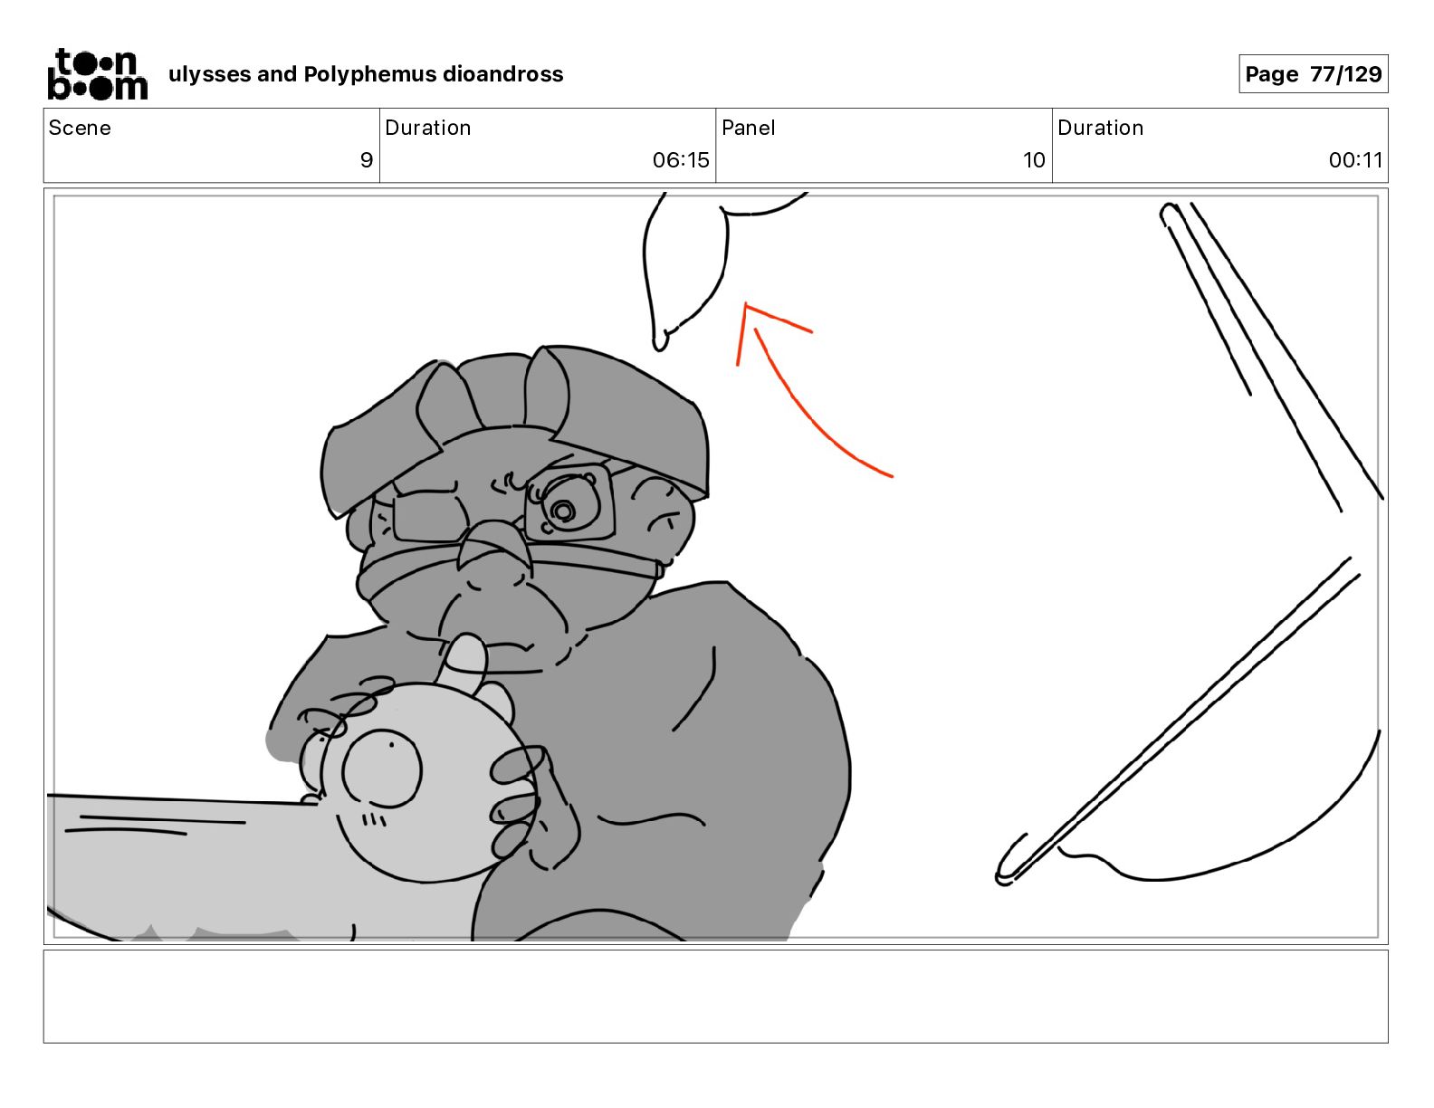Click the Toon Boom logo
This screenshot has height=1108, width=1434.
pyautogui.click(x=98, y=74)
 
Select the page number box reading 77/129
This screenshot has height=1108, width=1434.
pyautogui.click(x=1314, y=74)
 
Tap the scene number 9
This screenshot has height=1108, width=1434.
pyautogui.click(x=367, y=159)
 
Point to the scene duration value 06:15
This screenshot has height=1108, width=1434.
pyautogui.click(x=681, y=159)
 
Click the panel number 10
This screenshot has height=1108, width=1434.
pyautogui.click(x=1034, y=159)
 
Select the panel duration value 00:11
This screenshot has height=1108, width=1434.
pyautogui.click(x=1355, y=159)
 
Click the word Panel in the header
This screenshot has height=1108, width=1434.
pyautogui.click(x=749, y=128)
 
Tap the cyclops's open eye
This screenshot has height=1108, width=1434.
pyautogui.click(x=564, y=507)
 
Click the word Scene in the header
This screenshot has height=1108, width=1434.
pyautogui.click(x=80, y=128)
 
